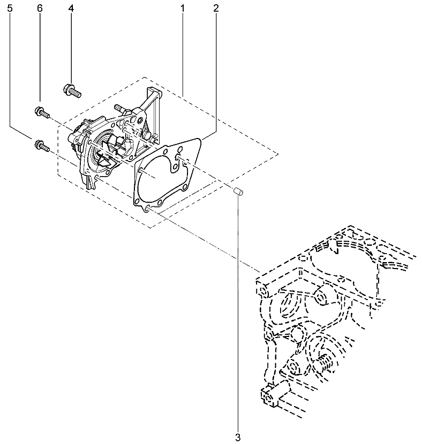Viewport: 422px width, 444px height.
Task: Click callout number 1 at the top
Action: tap(183, 9)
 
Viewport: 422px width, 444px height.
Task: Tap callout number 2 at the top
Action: tap(216, 9)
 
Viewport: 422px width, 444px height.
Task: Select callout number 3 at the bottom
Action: tap(238, 437)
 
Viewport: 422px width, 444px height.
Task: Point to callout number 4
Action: tap(71, 9)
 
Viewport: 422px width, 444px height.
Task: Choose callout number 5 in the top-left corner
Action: tap(10, 9)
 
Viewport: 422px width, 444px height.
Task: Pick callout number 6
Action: tap(40, 9)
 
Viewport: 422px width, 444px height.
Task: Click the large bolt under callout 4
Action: tap(72, 90)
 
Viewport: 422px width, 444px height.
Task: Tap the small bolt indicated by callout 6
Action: tap(42, 112)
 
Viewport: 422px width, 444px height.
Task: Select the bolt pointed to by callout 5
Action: tap(41, 146)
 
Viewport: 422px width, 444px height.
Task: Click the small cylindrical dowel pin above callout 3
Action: tap(238, 192)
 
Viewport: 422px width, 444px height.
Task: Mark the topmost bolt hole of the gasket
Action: tap(179, 149)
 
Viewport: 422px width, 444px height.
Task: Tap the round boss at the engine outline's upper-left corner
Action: tap(263, 291)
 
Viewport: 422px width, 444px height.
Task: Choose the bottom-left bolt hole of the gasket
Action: tap(137, 202)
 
